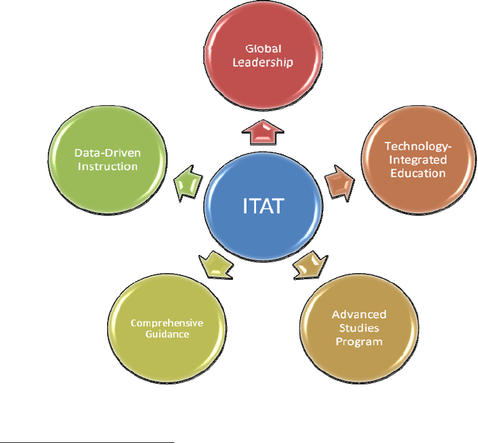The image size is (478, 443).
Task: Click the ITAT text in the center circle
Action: pos(262,206)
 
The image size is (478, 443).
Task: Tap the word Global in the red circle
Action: pos(263,48)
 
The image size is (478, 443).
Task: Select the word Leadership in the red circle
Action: pos(263,62)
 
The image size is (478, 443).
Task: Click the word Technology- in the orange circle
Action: pos(416,147)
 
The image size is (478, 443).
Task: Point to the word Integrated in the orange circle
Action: pos(416,160)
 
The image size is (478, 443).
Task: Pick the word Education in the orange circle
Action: pos(416,173)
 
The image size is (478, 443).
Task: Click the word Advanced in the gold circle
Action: pos(359,315)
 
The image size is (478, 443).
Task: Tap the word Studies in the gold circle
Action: pos(359,328)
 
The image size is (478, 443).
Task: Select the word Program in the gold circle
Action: pos(359,341)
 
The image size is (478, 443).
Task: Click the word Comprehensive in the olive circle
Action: pos(167,323)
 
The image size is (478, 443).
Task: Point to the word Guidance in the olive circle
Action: pos(167,334)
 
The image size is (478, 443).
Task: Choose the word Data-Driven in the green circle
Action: pos(107,153)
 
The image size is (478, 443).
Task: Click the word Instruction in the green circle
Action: pos(107,166)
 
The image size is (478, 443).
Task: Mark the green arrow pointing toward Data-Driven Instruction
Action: pos(187,183)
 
